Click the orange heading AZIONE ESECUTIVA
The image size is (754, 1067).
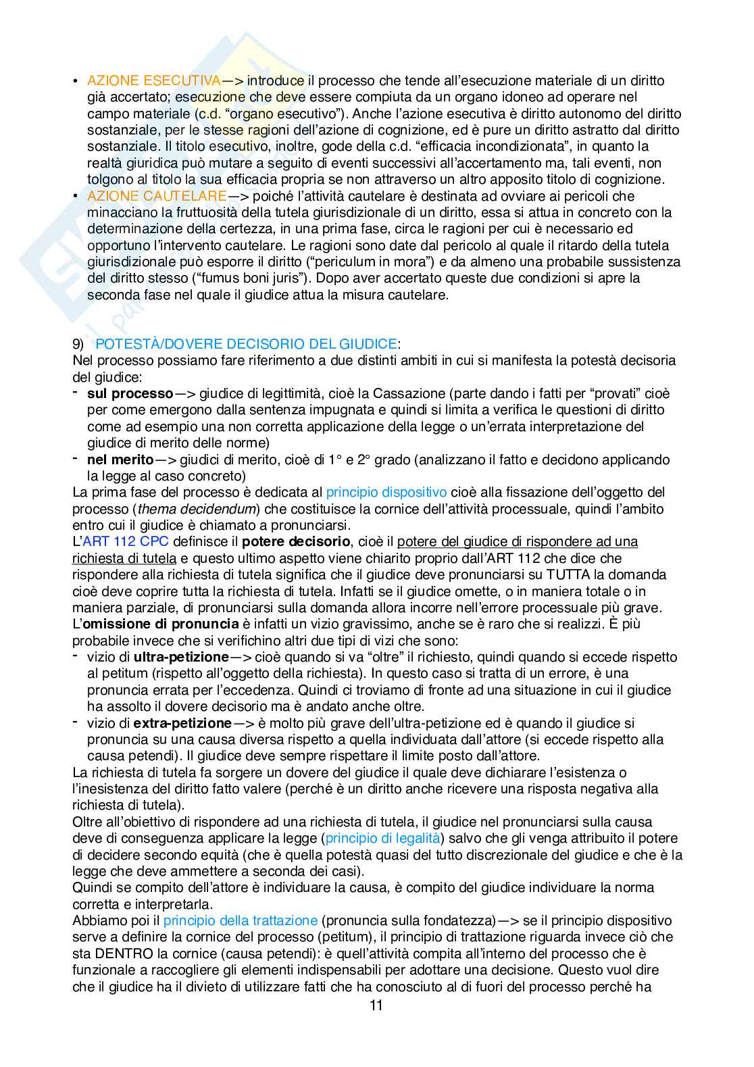click(153, 81)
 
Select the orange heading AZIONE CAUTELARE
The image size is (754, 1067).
click(157, 196)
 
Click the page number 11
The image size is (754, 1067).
click(376, 1006)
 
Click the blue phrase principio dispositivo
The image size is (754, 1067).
click(386, 492)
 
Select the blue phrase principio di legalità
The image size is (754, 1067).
click(382, 838)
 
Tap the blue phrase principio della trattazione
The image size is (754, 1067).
click(240, 920)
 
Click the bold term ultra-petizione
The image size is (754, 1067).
click(181, 657)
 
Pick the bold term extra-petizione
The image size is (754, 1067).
click(182, 723)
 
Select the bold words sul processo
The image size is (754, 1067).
click(130, 393)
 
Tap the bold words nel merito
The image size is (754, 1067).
click(120, 460)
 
